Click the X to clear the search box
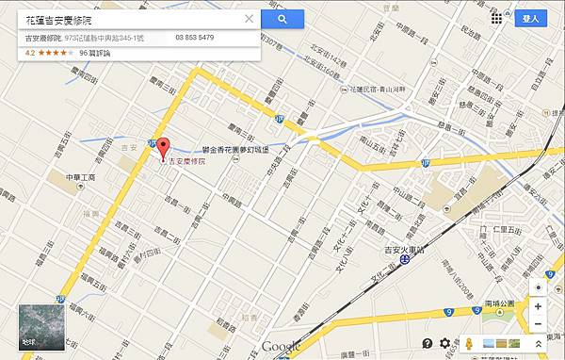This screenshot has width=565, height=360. coord(249,18)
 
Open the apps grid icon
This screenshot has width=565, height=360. coord(496,18)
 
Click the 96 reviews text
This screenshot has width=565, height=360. coord(95,53)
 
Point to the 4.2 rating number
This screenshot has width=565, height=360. coord(30,53)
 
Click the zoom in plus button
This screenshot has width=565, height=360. coord(537,306)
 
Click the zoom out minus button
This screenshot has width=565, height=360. coord(537,323)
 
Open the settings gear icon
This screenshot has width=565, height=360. coord(445,343)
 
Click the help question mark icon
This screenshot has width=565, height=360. coord(428,343)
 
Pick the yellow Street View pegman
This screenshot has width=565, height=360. coord(465,343)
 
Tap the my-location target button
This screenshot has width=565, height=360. coord(537,286)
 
